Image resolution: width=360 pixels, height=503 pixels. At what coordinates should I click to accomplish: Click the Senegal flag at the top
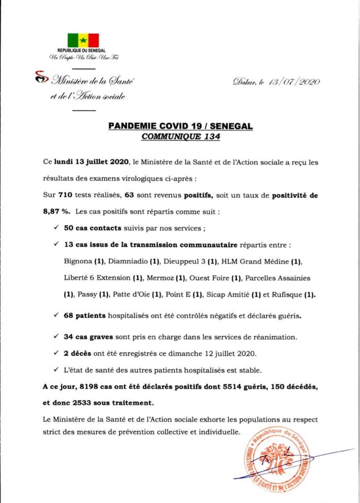tap(83, 40)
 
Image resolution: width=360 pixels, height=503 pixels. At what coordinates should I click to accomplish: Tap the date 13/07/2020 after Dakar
tap(293, 82)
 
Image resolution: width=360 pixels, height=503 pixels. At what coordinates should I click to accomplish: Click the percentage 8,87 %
tap(57, 212)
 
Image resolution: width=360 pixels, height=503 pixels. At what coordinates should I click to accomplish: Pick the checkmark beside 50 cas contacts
tap(56, 229)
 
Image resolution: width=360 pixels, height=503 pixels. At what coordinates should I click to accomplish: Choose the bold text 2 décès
tap(78, 353)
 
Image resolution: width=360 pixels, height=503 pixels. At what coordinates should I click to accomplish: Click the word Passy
tap(86, 294)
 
